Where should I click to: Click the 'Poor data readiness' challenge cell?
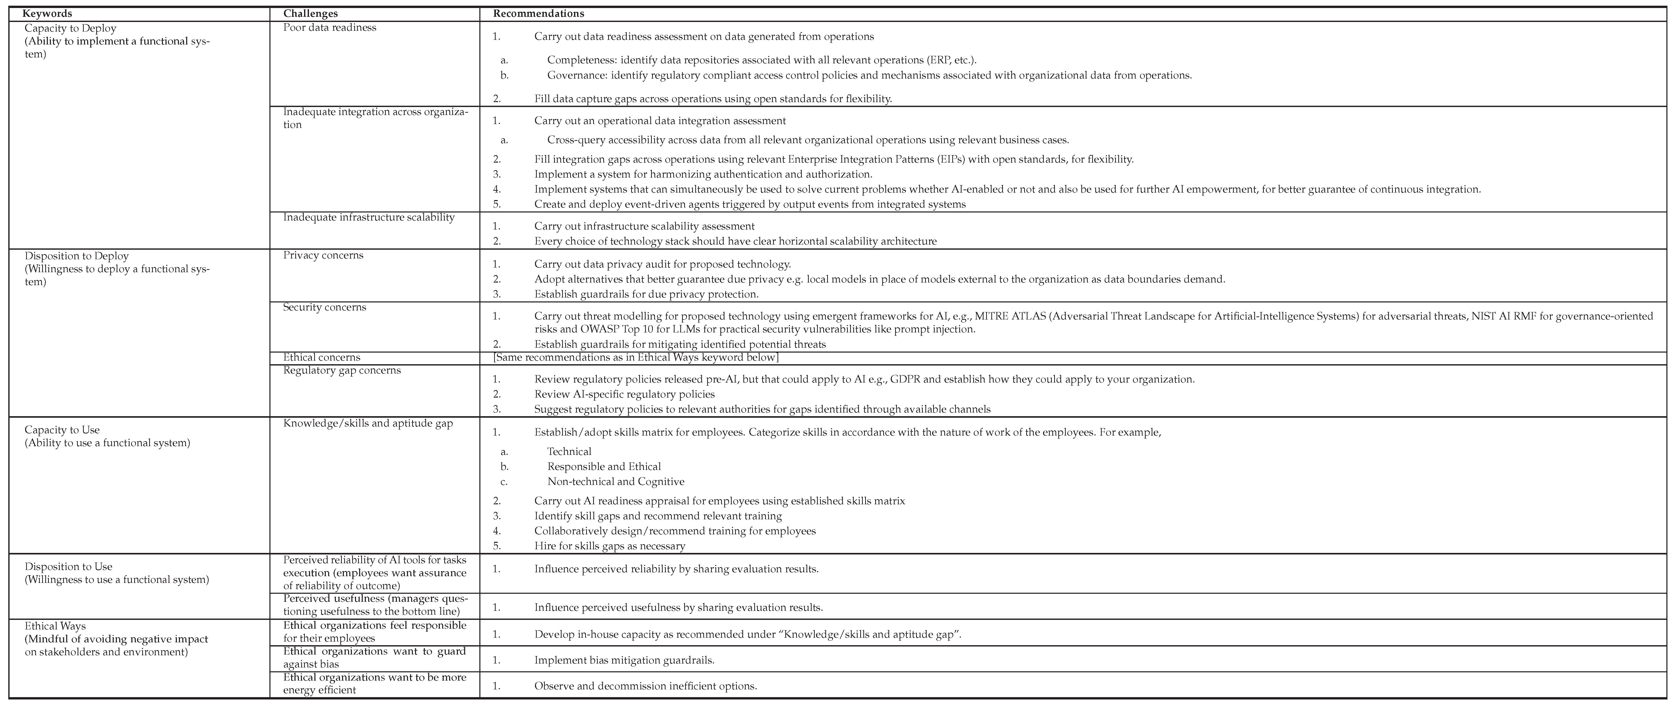pyautogui.click(x=329, y=27)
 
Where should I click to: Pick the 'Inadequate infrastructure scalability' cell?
pyautogui.click(x=368, y=217)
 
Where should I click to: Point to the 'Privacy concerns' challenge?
pyautogui.click(x=323, y=255)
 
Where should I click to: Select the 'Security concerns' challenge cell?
pyautogui.click(x=324, y=307)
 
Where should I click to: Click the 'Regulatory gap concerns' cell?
pyautogui.click(x=342, y=370)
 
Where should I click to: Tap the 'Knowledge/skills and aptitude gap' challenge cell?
pyautogui.click(x=368, y=423)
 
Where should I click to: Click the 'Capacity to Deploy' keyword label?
pyautogui.click(x=70, y=29)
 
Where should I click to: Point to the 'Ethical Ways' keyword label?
pyautogui.click(x=55, y=626)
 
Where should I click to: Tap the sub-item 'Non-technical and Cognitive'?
pyautogui.click(x=615, y=482)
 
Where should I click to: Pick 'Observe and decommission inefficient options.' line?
pyautogui.click(x=645, y=686)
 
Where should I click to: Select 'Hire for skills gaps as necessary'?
pyautogui.click(x=609, y=546)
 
